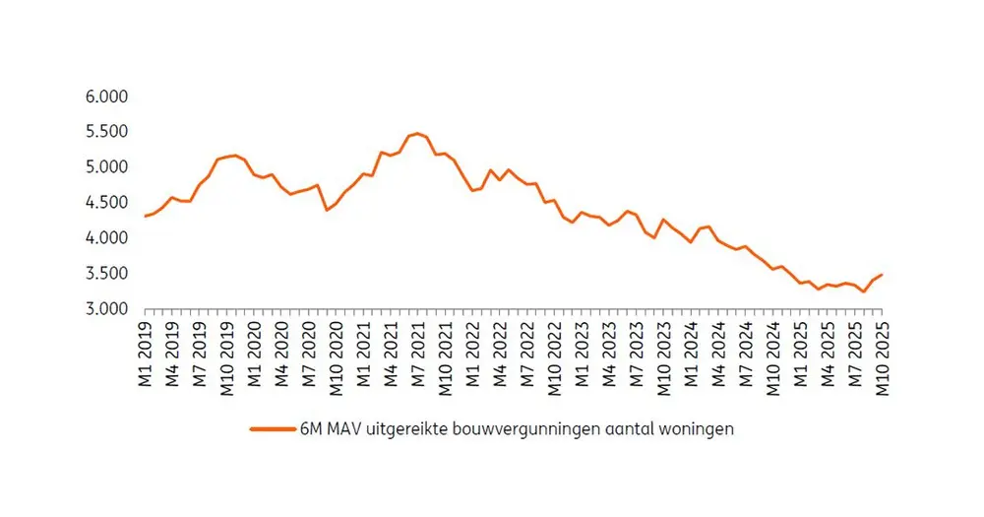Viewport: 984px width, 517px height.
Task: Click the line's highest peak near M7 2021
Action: (x=417, y=133)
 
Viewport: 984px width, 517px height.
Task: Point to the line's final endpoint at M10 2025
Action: (x=882, y=275)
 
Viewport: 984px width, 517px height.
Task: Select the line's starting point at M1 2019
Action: (x=146, y=216)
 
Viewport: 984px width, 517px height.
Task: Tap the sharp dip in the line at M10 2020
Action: (x=327, y=210)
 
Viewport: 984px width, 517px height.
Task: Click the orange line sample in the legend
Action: (x=273, y=430)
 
